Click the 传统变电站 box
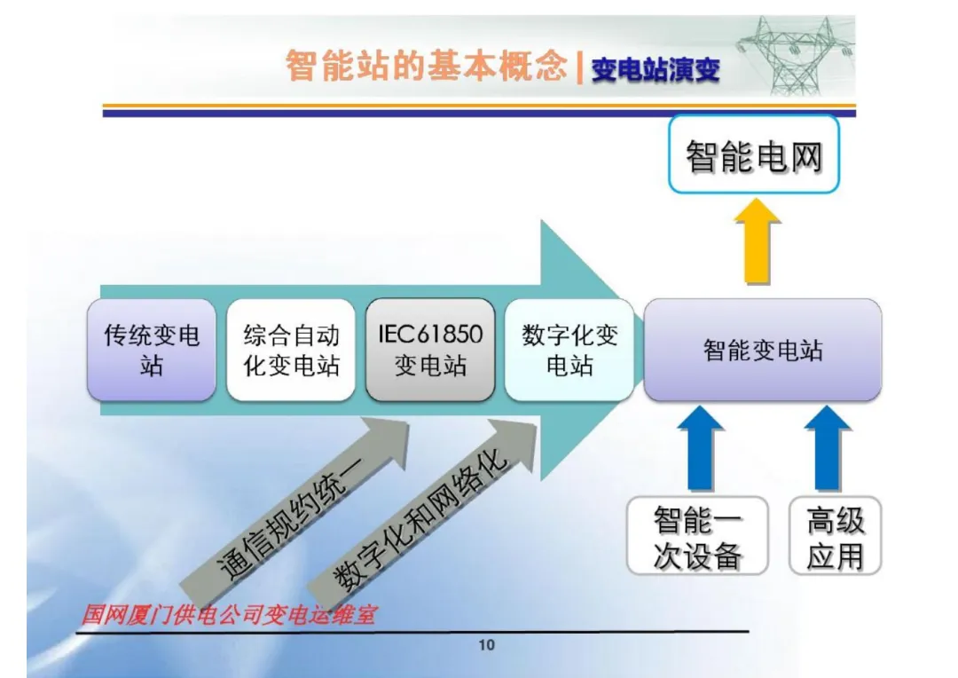click(x=152, y=350)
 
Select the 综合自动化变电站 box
click(x=291, y=350)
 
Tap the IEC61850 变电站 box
click(x=430, y=350)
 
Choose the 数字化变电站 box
click(x=569, y=350)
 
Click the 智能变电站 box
click(x=763, y=350)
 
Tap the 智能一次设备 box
click(x=697, y=536)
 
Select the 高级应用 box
click(x=835, y=536)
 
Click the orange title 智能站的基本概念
click(x=426, y=67)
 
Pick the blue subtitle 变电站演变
click(x=656, y=70)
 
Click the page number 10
click(x=486, y=645)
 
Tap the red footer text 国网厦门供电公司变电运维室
click(x=228, y=614)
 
